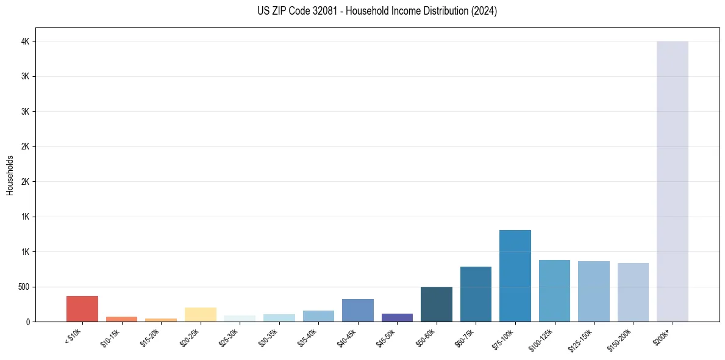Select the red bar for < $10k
tap(82, 309)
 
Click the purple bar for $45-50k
tap(397, 317)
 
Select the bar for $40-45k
tap(358, 311)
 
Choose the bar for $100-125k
tap(554, 291)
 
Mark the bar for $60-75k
tap(476, 294)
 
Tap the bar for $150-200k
tap(633, 292)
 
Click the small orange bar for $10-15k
tap(122, 319)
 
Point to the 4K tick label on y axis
tap(25, 41)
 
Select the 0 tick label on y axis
tap(27, 322)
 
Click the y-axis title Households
tap(10, 175)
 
